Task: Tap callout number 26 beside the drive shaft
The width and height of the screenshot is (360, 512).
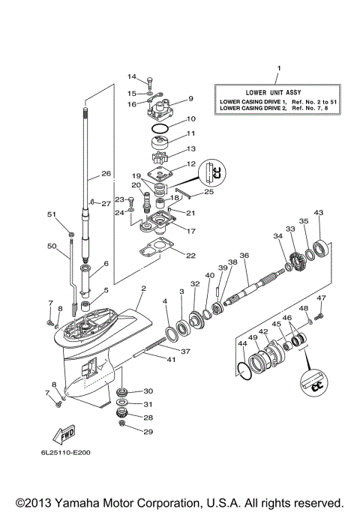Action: [x=106, y=173]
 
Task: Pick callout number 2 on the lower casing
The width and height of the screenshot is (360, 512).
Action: [x=142, y=289]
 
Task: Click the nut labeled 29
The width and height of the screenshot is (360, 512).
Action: [x=123, y=431]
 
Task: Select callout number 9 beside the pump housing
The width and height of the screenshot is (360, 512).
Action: [x=190, y=98]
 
